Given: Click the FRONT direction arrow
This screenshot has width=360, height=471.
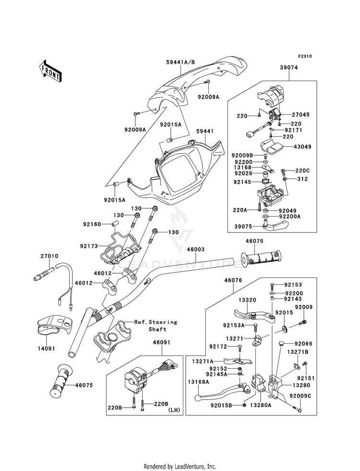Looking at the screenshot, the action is [50, 71].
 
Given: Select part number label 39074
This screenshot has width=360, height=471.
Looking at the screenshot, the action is [289, 68].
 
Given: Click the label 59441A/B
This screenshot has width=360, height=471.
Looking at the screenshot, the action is [180, 62].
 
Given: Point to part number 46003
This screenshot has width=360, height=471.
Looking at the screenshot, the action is [196, 249].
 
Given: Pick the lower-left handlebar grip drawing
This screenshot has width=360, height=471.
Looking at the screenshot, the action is [61, 381].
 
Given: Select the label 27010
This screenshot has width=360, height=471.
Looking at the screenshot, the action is [49, 256].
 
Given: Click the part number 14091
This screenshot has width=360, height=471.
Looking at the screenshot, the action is [47, 349].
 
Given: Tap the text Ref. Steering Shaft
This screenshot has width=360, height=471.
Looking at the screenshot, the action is [156, 326].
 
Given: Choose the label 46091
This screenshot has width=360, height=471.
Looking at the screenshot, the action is [162, 342].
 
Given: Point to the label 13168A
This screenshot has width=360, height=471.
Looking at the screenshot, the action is [198, 382].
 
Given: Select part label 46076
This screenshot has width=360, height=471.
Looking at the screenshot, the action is [233, 280].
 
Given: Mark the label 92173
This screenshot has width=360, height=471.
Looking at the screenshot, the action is [89, 246].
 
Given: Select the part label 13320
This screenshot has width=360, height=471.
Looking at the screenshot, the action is [248, 300].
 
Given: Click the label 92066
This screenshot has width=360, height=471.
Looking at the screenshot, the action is [303, 344].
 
